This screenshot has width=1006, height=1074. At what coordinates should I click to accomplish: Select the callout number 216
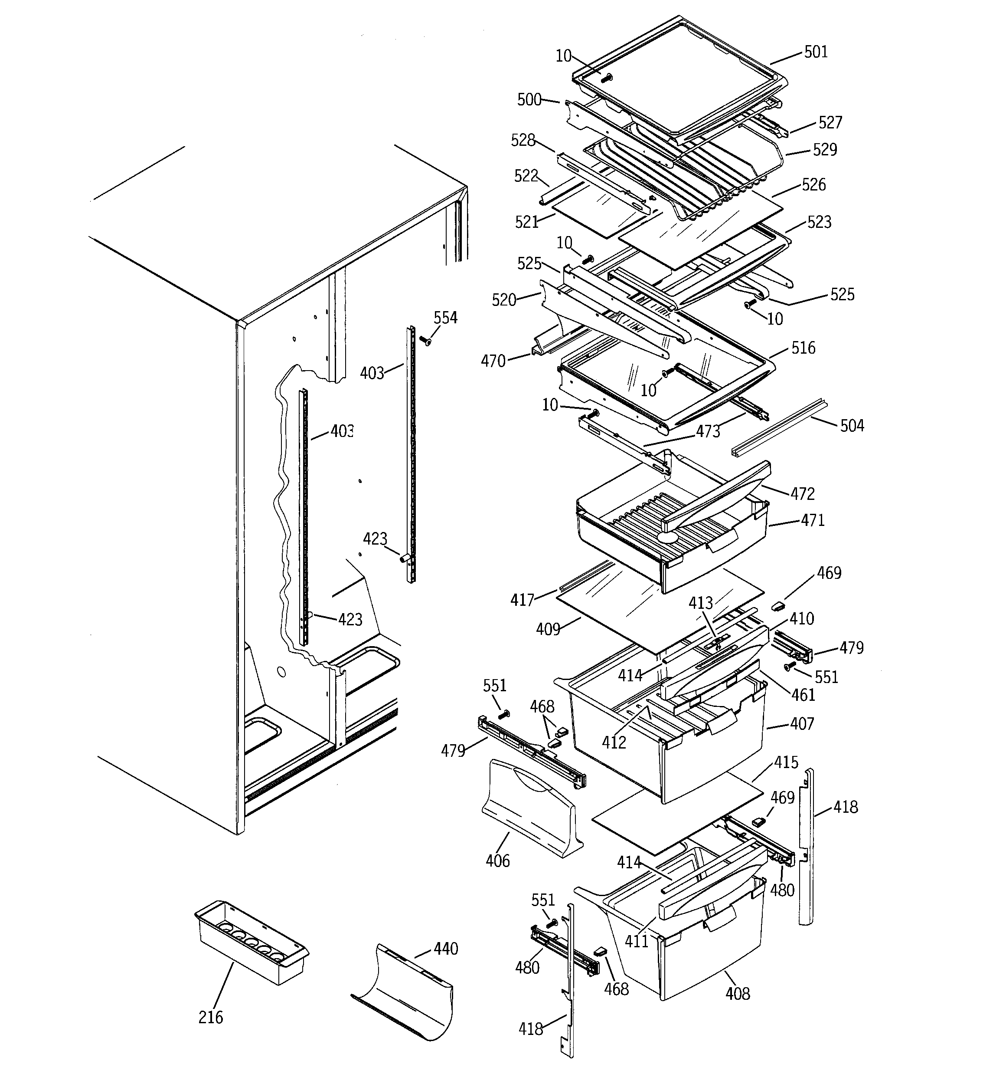coord(211,1017)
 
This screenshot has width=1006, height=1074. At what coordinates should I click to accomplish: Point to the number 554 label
coord(445,318)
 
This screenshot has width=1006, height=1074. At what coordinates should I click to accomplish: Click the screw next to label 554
coord(425,341)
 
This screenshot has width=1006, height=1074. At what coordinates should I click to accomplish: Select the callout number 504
coord(852,426)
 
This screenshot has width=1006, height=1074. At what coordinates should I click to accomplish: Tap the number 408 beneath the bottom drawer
coord(738,993)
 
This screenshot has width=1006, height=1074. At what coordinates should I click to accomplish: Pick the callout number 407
coord(802,723)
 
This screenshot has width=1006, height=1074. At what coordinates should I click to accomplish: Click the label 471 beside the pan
coord(813,520)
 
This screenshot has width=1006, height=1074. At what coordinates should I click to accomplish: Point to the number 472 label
coord(803,493)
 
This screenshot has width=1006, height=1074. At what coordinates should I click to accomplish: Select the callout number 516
coord(803,348)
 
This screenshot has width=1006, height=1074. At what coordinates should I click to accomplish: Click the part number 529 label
coord(825,150)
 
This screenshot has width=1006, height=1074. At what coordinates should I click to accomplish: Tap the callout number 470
coord(493,361)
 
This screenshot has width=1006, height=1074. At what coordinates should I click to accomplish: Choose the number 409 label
coord(548,629)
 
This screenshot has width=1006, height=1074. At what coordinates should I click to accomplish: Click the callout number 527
coord(830,123)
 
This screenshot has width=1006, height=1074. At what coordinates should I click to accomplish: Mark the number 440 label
coord(445,949)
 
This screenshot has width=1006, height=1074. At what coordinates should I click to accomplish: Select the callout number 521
coord(526,222)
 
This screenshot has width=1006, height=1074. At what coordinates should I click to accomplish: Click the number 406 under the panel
coord(497,861)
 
